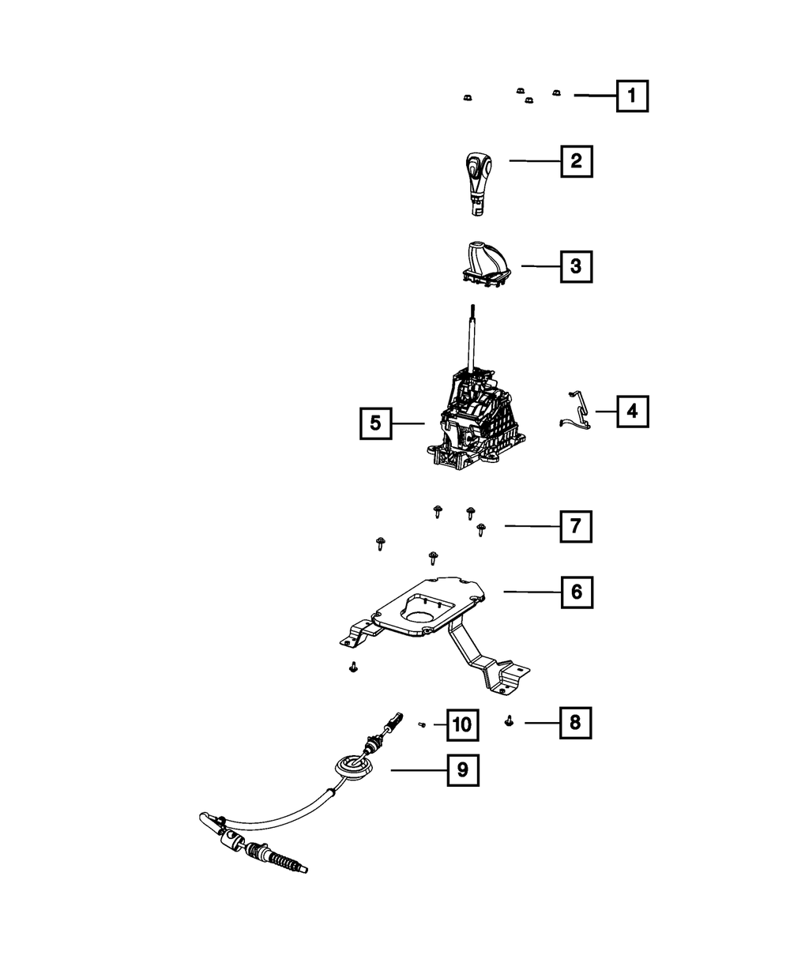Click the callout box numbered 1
632,96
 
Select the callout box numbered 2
576,161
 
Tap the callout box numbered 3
576,267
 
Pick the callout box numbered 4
632,411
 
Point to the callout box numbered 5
375,423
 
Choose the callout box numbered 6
576,591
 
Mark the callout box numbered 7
576,525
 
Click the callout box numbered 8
576,722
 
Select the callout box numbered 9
463,769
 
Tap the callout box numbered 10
463,723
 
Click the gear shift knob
476,178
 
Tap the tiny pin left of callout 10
423,724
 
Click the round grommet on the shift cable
353,765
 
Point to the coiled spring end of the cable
284,859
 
